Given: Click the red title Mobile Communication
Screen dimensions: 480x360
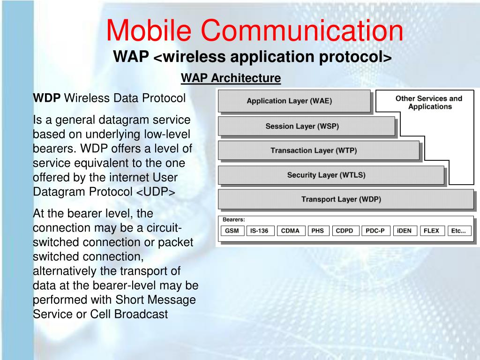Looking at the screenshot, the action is [255, 30].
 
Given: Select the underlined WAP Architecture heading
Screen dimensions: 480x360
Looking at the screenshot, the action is [231, 78].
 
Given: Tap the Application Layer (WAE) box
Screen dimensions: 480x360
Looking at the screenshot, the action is [294, 101].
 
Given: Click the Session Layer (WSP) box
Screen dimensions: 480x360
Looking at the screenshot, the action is [307, 126].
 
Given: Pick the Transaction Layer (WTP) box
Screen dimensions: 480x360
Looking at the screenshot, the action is [318, 150].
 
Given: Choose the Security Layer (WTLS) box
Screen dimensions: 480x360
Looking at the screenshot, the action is [331, 175].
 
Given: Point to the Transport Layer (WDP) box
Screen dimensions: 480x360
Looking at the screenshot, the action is [345, 199].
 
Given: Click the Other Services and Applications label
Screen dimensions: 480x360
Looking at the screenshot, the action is [429, 103].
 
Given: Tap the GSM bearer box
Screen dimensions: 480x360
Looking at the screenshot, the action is [232, 231].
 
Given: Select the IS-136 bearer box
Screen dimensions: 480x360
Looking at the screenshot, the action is [259, 231].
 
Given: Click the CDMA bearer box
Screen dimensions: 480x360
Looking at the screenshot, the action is [290, 231].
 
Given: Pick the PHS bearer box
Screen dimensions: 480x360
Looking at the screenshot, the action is [318, 231].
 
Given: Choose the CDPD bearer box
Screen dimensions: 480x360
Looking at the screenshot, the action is [345, 231].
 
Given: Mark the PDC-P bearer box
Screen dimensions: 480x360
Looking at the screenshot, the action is [375, 231].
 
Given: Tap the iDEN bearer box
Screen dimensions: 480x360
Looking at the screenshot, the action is [405, 231].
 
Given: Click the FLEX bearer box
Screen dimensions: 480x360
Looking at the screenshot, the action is [431, 231].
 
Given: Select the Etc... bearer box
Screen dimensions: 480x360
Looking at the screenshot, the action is [458, 231].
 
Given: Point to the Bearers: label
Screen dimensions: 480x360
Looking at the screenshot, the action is [233, 219].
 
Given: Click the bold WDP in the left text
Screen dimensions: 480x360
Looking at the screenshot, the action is [46, 98].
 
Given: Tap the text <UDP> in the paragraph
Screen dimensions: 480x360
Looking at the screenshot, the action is [156, 192].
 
